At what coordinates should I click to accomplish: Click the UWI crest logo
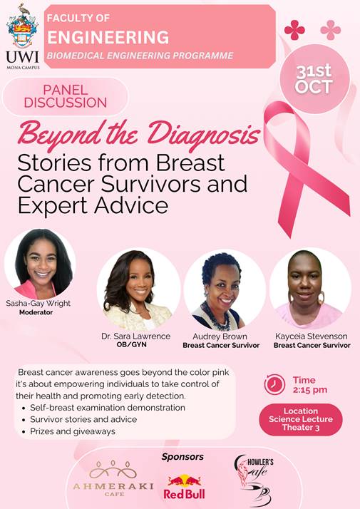pyautogui.click(x=21, y=29)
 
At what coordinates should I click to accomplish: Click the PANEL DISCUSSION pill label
pyautogui.click(x=65, y=96)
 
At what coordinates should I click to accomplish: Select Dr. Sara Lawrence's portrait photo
pyautogui.click(x=138, y=289)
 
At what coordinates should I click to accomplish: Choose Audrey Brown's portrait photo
pyautogui.click(x=225, y=289)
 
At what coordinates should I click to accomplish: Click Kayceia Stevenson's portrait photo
pyautogui.click(x=309, y=289)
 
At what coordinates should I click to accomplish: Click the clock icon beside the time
pyautogui.click(x=275, y=385)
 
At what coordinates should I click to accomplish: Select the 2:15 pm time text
pyautogui.click(x=310, y=390)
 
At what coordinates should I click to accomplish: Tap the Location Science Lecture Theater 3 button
pyautogui.click(x=300, y=419)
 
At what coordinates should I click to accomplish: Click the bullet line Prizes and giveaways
pyautogui.click(x=74, y=431)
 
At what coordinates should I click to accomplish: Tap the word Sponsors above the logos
pyautogui.click(x=182, y=456)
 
